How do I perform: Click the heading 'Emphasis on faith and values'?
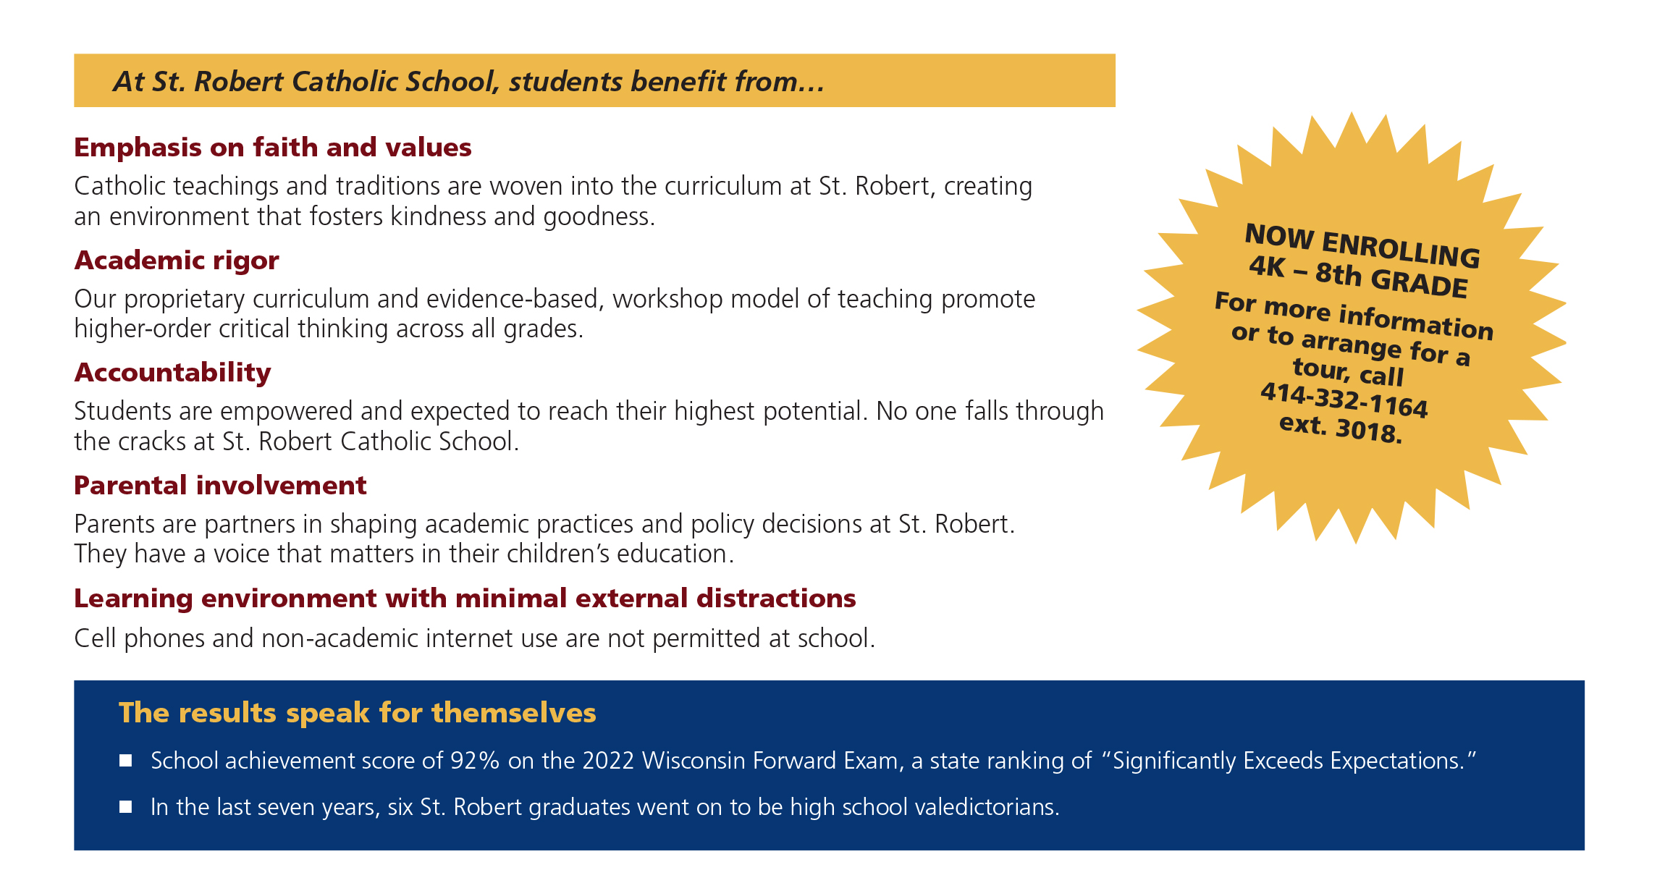click(273, 148)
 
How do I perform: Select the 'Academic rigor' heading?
click(177, 261)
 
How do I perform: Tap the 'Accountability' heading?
click(172, 373)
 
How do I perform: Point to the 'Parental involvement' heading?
click(220, 486)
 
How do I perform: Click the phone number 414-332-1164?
click(1344, 401)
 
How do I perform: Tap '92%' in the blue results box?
click(475, 761)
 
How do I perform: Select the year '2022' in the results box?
click(609, 761)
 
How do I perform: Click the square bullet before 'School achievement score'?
click(126, 761)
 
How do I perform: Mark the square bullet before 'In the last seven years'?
click(126, 807)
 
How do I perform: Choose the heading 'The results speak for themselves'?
click(358, 713)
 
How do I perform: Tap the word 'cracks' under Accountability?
click(153, 442)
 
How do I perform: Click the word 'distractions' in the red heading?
click(776, 599)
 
